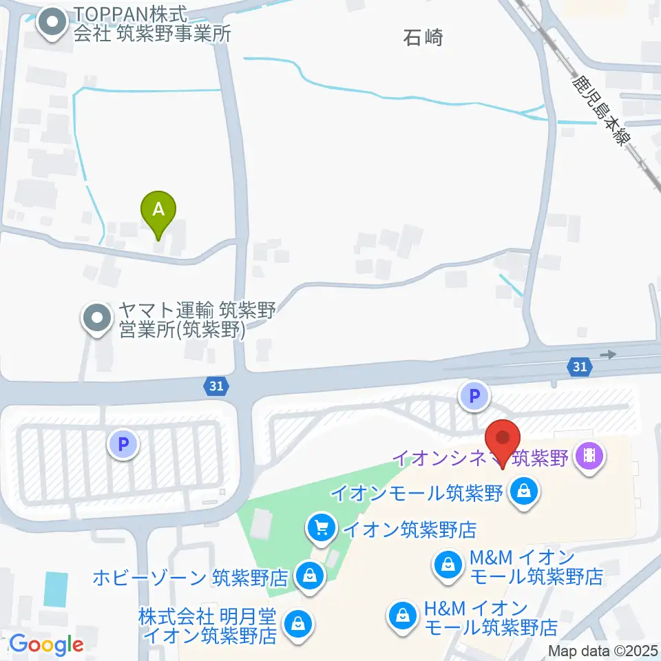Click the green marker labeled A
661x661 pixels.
[158, 210]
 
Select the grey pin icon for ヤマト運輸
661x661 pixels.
[96, 318]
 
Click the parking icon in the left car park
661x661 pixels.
[123, 444]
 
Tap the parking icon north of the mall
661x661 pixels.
[474, 396]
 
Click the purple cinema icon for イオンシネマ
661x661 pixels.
[591, 455]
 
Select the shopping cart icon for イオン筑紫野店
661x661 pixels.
[321, 529]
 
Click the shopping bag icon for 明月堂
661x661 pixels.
[297, 623]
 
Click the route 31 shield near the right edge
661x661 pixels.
[580, 367]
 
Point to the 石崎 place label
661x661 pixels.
[423, 38]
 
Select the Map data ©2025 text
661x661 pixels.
[602, 651]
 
